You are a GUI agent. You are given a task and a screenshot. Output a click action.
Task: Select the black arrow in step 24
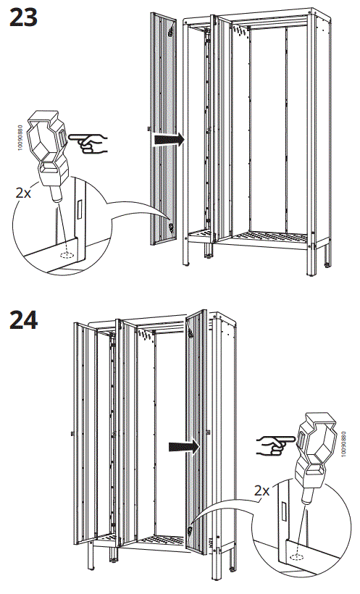pyautogui.click(x=183, y=446)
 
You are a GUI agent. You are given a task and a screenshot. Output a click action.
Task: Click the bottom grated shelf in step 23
pyautogui.click(x=268, y=236)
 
